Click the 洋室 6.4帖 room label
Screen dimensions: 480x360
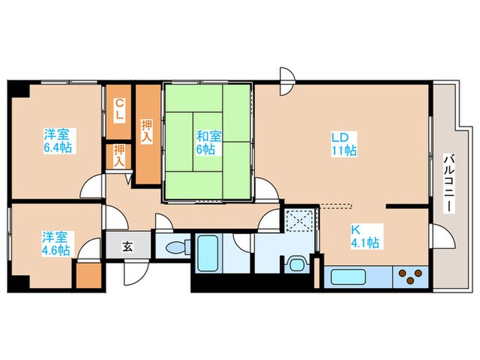[x=58, y=141]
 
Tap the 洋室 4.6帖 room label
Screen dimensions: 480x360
[x=56, y=243]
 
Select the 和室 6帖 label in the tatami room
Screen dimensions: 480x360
[x=208, y=143]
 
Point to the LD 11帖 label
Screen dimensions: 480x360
[x=344, y=144]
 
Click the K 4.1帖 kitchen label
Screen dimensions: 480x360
[x=365, y=236]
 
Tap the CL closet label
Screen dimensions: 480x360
[x=119, y=110]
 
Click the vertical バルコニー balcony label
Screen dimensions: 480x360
[x=449, y=184]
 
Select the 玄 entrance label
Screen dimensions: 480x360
[x=128, y=247]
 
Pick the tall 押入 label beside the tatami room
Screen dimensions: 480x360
[x=146, y=131]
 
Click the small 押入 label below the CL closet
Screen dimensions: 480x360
[x=119, y=156]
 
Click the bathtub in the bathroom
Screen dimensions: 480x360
[x=207, y=252]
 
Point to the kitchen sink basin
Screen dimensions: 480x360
[x=348, y=277]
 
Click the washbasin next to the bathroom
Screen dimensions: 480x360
[x=296, y=264]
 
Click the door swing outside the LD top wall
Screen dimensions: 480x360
[x=287, y=82]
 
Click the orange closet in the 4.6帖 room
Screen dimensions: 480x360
[x=88, y=275]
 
